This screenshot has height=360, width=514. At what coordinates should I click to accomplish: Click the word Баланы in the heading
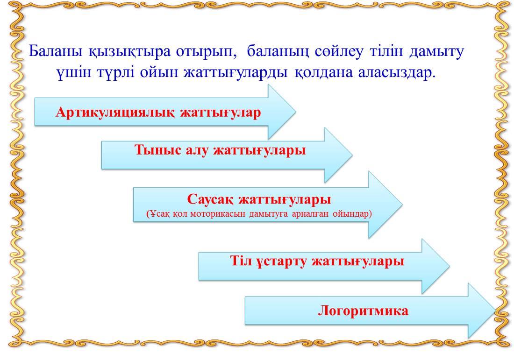click(56, 51)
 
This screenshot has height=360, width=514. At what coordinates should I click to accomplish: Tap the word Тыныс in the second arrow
click(158, 150)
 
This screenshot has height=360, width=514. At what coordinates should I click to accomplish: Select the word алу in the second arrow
click(197, 151)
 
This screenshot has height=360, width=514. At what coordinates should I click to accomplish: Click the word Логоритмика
click(363, 311)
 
